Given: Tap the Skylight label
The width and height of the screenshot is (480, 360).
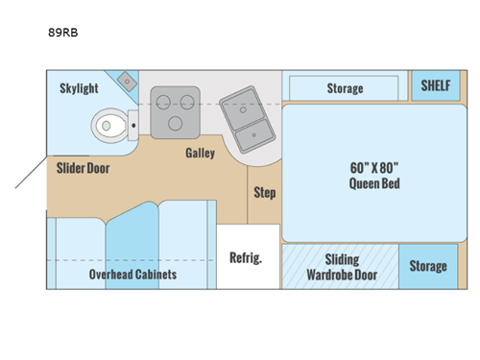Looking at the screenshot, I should tap(79, 88).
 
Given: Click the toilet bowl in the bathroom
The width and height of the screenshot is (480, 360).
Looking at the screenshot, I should tap(108, 124).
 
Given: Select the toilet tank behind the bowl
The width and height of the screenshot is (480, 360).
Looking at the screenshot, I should tap(132, 123).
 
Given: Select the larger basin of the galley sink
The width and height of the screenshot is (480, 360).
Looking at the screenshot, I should tap(252, 126).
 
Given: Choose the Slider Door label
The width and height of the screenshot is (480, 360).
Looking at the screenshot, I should tap(84, 168).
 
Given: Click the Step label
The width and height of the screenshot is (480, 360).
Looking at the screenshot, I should tap(264, 192).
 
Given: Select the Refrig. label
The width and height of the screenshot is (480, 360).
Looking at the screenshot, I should tap(246, 257).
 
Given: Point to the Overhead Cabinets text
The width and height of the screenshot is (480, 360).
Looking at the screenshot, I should tap(132, 275).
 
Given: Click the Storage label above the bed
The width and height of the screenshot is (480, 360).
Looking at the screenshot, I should tap(345, 88).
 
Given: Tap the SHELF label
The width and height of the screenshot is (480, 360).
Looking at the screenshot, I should tap(436, 84).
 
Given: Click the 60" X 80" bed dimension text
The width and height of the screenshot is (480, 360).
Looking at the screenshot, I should tap(374, 166).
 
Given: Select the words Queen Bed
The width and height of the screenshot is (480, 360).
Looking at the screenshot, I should tap(374, 183).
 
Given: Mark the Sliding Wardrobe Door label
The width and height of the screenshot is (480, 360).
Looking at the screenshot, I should tap(342, 267).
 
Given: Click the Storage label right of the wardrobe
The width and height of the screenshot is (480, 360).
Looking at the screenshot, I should tap(428, 266).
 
